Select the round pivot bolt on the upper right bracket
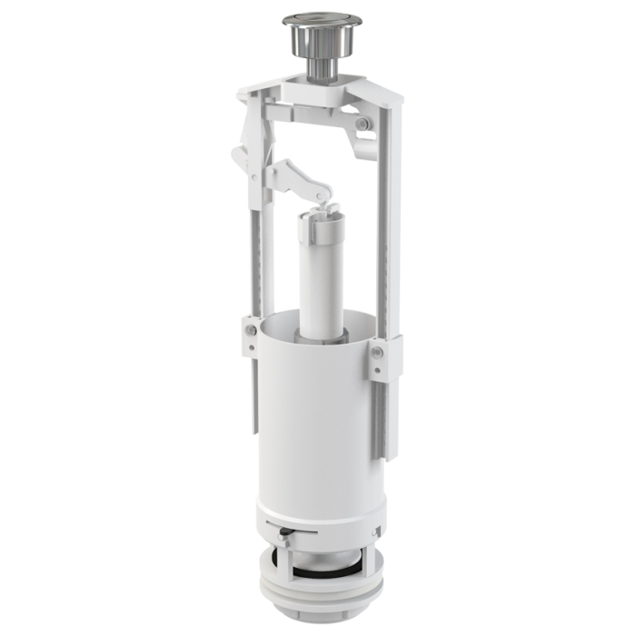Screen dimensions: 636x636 363,124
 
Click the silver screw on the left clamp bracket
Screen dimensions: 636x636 248,328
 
